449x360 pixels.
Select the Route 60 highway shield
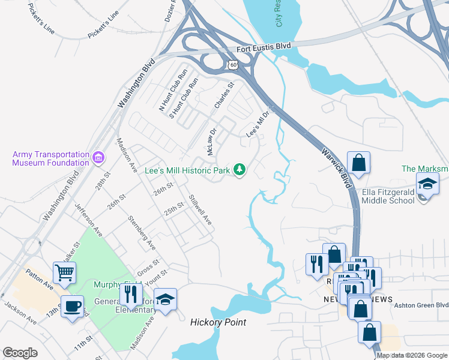(x=232, y=64)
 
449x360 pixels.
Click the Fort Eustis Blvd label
(x=264, y=46)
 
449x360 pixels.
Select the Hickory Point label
(x=218, y=322)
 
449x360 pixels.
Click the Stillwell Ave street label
(x=200, y=210)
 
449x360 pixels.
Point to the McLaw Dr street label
(x=211, y=142)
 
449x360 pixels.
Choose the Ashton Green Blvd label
(x=421, y=305)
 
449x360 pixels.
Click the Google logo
(x=20, y=353)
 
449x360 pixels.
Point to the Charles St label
(x=224, y=96)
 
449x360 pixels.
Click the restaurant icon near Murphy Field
(x=129, y=293)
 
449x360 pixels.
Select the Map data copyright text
(x=412, y=355)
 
